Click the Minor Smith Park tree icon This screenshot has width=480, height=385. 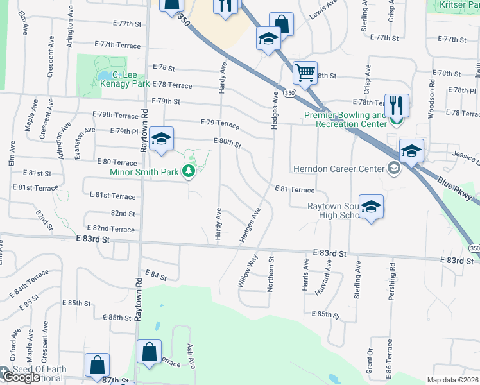coord(189,171)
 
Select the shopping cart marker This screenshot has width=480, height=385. coord(305,73)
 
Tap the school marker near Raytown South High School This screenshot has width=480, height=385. coord(371,207)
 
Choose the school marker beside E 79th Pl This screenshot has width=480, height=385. coord(162,139)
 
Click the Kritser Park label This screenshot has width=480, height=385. coord(459,4)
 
